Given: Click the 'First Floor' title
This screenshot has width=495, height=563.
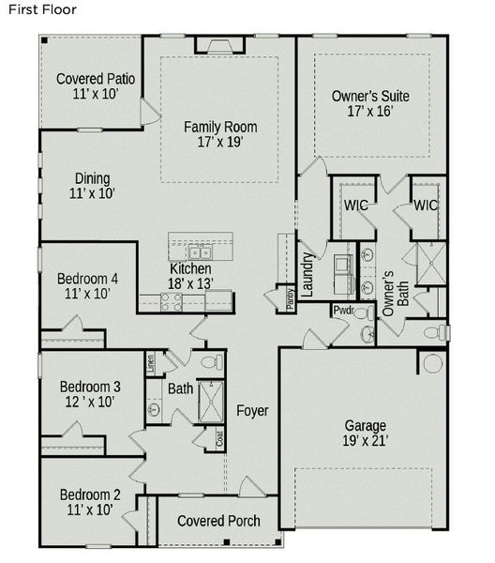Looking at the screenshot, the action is point(42,9).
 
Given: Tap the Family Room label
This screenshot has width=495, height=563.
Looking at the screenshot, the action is point(220,127).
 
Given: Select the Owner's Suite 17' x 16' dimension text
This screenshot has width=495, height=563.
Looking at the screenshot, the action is point(370,111).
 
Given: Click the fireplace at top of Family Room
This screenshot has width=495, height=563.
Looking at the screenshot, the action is point(220,46).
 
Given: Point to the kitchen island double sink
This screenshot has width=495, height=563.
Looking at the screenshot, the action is point(200,252).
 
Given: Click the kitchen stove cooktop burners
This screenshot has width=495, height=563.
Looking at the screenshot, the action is point(172,302).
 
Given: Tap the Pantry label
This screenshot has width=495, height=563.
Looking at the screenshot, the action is point(291,299).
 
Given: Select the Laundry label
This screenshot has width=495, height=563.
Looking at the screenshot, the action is point(307,274).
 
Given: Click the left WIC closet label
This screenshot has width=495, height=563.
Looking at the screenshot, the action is point(356,205).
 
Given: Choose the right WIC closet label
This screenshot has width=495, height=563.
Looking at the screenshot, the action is point(426,205).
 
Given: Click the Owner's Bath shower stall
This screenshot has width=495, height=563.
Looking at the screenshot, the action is point(431,264).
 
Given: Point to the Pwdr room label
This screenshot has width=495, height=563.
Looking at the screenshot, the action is point(344,311).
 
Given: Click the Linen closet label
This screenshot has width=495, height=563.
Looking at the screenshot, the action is point(150,363).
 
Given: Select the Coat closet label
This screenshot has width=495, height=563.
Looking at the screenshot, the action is point(220,438).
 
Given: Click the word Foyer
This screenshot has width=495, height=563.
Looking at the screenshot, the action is point(252,411).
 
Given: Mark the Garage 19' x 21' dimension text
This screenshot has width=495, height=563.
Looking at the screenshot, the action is point(365,441).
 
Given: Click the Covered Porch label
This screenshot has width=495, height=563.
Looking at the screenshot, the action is point(218,521).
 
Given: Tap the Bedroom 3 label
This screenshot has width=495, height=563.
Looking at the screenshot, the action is point(90,387).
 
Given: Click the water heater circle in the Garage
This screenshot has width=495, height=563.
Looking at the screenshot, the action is point(433,363).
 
